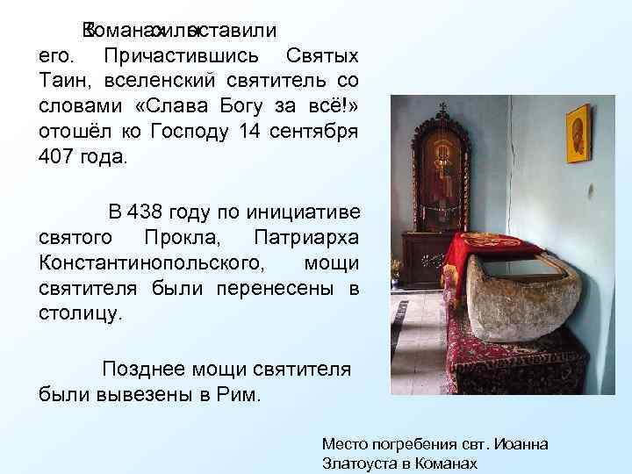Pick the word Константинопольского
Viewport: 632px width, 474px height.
[150, 262]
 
